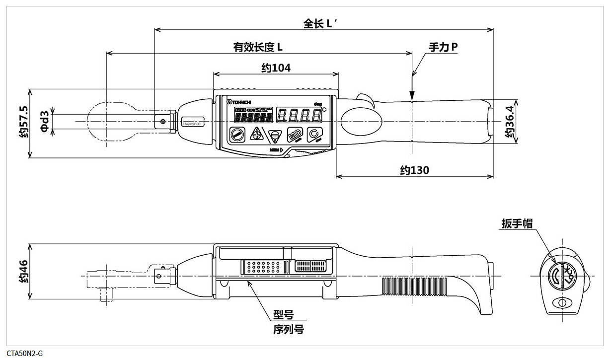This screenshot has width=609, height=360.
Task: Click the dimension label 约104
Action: (x=276, y=68)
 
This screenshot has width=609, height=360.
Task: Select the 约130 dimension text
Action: (x=415, y=170)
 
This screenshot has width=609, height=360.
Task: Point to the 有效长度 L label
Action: (x=258, y=47)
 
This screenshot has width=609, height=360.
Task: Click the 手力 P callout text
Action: (x=443, y=47)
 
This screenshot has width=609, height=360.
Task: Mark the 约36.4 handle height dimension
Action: (x=509, y=122)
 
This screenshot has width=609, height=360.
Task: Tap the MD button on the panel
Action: (x=295, y=135)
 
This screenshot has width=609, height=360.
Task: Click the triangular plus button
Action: (x=256, y=134)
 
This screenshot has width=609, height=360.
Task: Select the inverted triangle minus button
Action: (x=275, y=136)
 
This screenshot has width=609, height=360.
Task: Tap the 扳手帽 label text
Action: (x=517, y=224)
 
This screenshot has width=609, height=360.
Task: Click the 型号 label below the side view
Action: (x=283, y=315)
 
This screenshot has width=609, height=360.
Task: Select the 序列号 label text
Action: (x=288, y=329)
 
